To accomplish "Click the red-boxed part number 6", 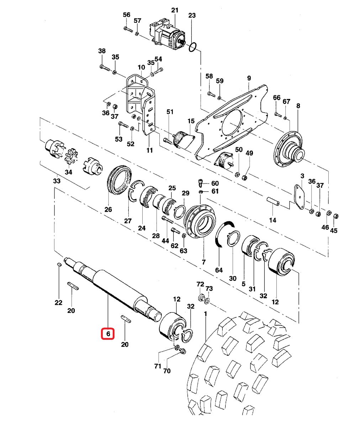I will point(108,334).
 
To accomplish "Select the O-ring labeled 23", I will point(192,47).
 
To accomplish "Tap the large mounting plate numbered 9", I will point(231,121).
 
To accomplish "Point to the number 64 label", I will point(219,270).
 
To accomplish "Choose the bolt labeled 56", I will point(128,29).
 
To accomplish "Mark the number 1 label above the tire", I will point(205,314).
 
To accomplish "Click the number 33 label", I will point(57,181).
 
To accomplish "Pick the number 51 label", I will point(170,112).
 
